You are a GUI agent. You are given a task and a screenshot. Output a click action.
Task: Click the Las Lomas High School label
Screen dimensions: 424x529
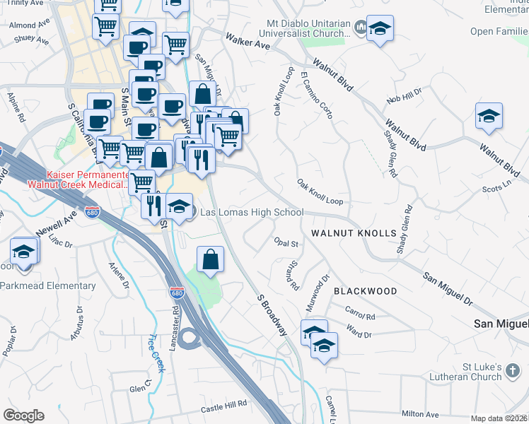coord(252,212)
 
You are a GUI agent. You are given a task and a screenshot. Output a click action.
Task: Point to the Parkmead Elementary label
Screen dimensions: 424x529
coord(48,285)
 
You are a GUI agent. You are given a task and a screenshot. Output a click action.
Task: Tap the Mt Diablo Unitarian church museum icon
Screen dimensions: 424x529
coord(361,28)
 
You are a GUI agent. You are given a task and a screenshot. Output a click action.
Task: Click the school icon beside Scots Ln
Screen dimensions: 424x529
coord(488,117)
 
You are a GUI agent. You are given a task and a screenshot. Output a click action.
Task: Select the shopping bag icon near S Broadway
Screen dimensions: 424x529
coord(211,259)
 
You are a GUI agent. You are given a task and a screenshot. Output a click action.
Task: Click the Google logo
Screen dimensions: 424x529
coord(23,416)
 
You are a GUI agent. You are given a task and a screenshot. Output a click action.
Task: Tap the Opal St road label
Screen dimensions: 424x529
coord(287,242)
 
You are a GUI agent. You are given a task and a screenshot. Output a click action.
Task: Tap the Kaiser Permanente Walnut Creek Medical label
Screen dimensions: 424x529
coord(77,179)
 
